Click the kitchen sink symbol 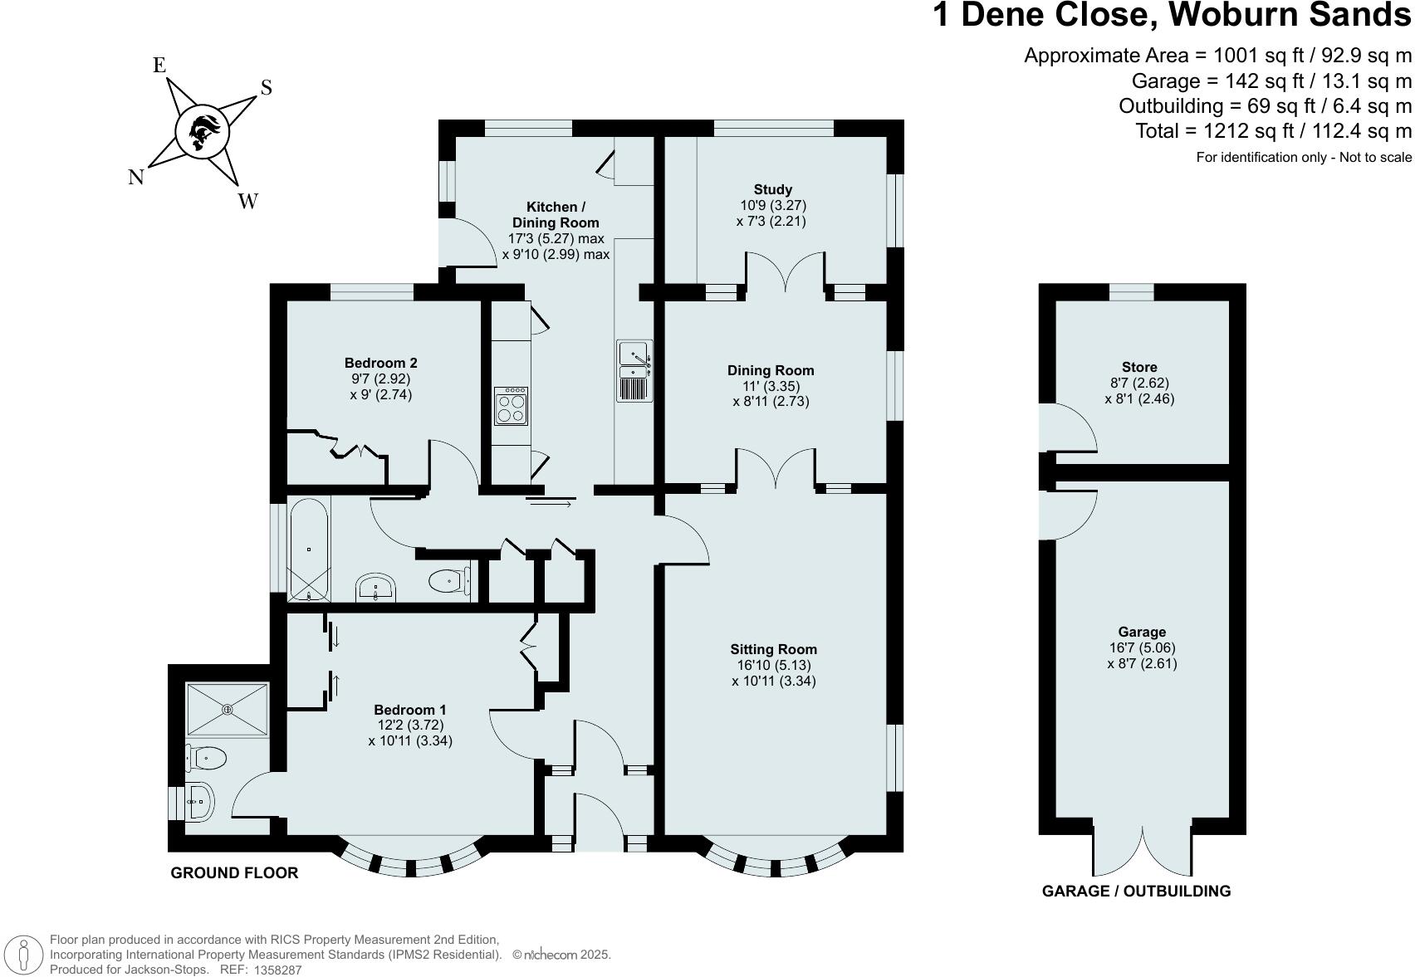(x=634, y=371)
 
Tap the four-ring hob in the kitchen (x=510, y=406)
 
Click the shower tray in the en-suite (x=228, y=709)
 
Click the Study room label (x=772, y=189)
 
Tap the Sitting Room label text (x=773, y=649)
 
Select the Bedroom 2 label (x=380, y=363)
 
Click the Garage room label (x=1141, y=632)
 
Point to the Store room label (x=1138, y=367)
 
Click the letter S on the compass (x=267, y=88)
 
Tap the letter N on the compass (x=136, y=177)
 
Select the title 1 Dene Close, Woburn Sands (x=1172, y=16)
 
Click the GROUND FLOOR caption (x=234, y=872)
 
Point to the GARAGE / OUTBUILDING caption (x=1135, y=891)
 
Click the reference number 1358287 (x=277, y=970)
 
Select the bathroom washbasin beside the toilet (x=377, y=588)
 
